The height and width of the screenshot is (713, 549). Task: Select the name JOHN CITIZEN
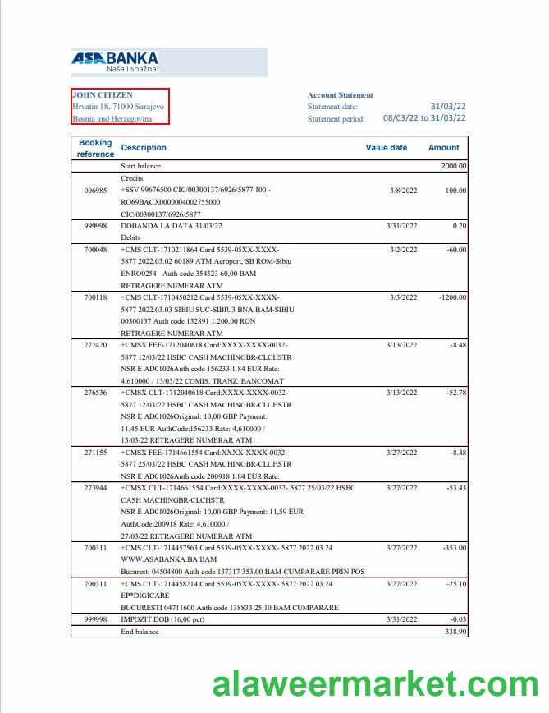(x=103, y=95)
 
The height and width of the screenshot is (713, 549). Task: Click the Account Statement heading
(x=340, y=95)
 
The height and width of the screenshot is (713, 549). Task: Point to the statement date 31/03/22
(x=448, y=107)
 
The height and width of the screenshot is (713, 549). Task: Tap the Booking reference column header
(x=95, y=148)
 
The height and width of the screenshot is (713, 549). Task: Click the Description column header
(x=144, y=148)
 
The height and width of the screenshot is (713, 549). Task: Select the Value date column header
(x=386, y=148)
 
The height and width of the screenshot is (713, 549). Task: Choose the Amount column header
(x=443, y=148)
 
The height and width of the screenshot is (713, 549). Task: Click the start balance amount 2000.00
(x=453, y=166)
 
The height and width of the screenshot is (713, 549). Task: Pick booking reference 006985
(x=95, y=191)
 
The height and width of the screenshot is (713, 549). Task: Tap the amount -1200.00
(x=452, y=297)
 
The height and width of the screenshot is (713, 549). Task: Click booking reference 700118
(x=95, y=297)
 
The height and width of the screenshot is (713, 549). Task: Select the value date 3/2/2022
(x=403, y=250)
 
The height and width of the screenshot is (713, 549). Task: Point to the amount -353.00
(x=454, y=547)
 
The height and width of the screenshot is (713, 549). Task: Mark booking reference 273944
(x=95, y=488)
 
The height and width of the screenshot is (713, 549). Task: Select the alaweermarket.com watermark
(x=375, y=684)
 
